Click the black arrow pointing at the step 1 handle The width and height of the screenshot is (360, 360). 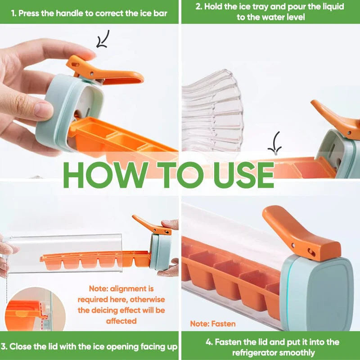pos(103,39)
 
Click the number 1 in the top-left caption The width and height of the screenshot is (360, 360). pos(13,13)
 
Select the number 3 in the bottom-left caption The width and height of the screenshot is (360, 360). pos(4,346)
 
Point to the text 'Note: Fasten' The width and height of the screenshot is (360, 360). pos(212,324)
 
